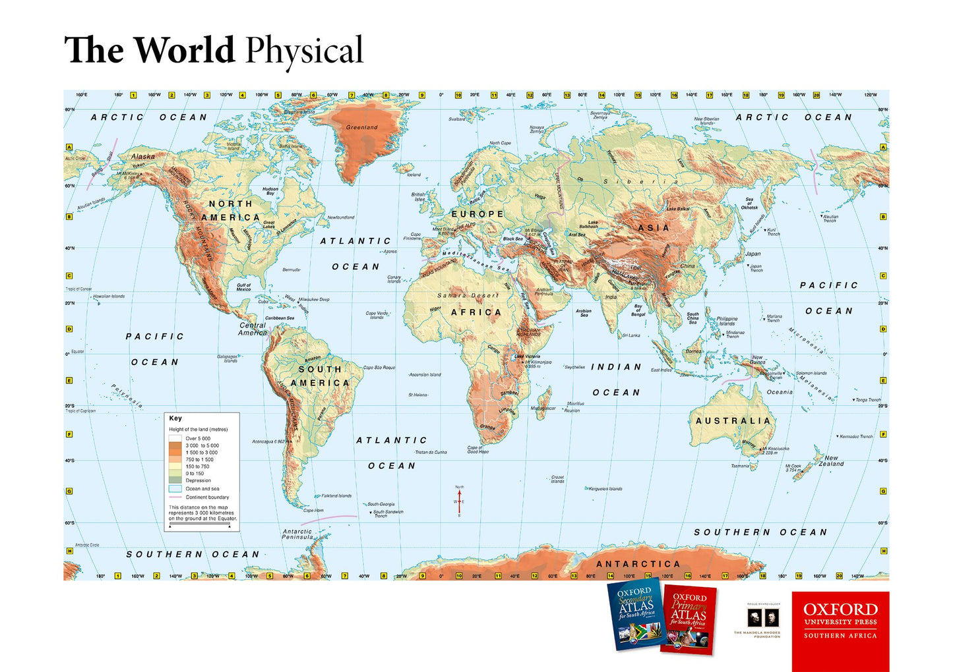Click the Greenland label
[361, 127]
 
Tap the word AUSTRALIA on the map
[733, 420]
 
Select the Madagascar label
[543, 408]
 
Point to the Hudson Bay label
[270, 191]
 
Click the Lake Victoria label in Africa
[528, 356]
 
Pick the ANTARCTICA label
[638, 564]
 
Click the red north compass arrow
[460, 501]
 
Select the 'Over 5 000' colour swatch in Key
[175, 438]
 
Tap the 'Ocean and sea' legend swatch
[175, 489]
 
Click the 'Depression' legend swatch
[175, 480]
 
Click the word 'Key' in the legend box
[175, 418]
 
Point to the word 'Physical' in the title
[304, 51]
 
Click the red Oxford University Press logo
[840, 630]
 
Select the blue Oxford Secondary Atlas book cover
[634, 614]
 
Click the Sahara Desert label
[468, 296]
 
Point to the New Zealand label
[831, 461]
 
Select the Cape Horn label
[313, 511]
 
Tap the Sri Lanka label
[630, 335]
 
